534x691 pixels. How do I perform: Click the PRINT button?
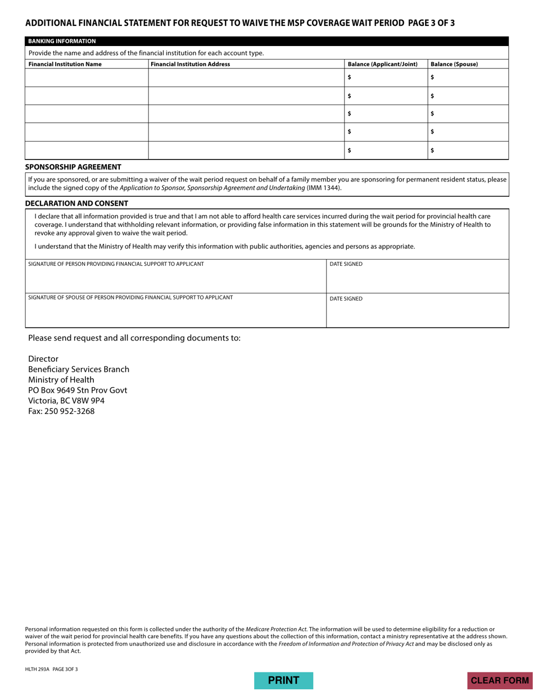pyautogui.click(x=283, y=680)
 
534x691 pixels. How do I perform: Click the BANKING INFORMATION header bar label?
pyautogui.click(x=62, y=41)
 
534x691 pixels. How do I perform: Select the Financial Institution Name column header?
pyautogui.click(x=65, y=64)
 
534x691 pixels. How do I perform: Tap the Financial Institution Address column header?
pyautogui.click(x=190, y=64)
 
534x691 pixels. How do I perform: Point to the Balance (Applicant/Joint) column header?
pyautogui.click(x=382, y=64)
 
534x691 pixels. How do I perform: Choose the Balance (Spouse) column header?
pyautogui.click(x=454, y=64)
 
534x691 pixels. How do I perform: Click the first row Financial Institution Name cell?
pyautogui.click(x=87, y=78)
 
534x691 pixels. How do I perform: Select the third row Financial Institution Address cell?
pyautogui.click(x=246, y=114)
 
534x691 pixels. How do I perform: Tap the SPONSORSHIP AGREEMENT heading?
pyautogui.click(x=73, y=167)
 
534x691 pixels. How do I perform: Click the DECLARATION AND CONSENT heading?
pyautogui.click(x=76, y=203)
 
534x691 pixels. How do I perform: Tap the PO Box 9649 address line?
pyautogui.click(x=78, y=390)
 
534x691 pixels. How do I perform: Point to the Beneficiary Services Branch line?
pyautogui.click(x=79, y=370)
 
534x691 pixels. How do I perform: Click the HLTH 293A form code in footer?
pyautogui.click(x=38, y=669)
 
